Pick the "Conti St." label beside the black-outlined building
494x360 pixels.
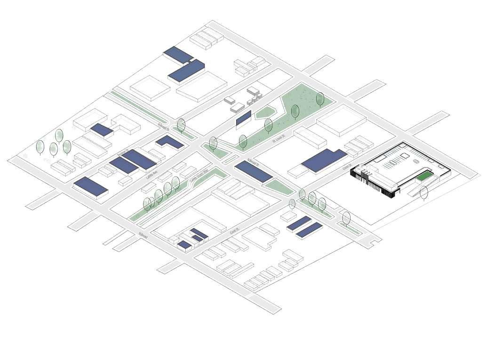(x=347, y=165)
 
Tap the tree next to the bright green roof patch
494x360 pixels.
(x=424, y=192)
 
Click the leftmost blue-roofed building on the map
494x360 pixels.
(x=91, y=186)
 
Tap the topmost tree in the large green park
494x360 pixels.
(x=320, y=98)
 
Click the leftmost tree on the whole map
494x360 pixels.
(x=40, y=147)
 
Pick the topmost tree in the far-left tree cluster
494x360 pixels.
(x=59, y=135)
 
